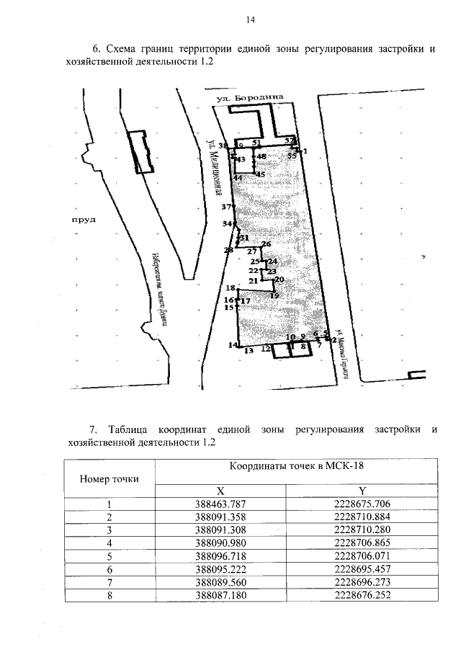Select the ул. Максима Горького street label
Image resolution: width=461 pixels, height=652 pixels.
[x=342, y=353]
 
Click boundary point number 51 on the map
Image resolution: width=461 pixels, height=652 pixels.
[x=256, y=143]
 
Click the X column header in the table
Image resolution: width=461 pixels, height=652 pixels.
[x=220, y=488]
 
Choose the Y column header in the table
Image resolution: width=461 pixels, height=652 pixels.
[x=362, y=488]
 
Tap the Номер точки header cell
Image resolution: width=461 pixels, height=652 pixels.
[x=109, y=477]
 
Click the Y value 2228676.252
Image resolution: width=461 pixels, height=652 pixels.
[x=362, y=595]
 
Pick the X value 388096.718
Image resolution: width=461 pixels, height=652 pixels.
[x=220, y=556]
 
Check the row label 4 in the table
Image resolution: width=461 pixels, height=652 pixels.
[x=109, y=543]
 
